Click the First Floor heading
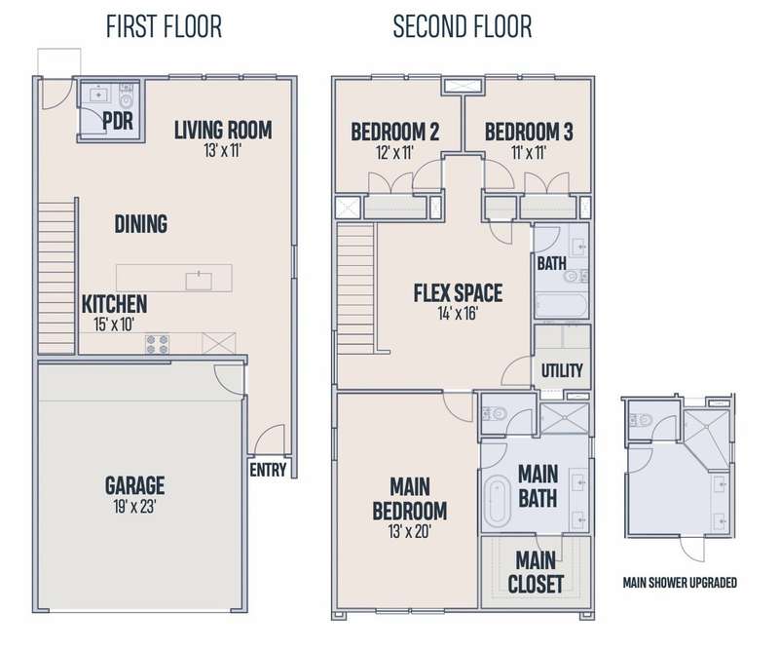pos(164,27)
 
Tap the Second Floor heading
pos(463,27)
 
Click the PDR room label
pos(118,121)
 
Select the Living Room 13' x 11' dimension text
pos(223,150)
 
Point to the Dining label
pos(141,224)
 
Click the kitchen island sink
pos(199,281)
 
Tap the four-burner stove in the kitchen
pos(157,344)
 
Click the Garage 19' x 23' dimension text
pos(134,507)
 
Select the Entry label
pos(268,470)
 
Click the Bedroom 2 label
pos(395,133)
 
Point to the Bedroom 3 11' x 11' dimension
pos(529,153)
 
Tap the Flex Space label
pos(458,293)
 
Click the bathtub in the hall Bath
pos(562,305)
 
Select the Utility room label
pos(562,370)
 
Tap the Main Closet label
pos(536,572)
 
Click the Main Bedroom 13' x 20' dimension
pos(409,532)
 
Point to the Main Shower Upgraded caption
pos(680,583)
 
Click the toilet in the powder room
pos(128,96)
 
